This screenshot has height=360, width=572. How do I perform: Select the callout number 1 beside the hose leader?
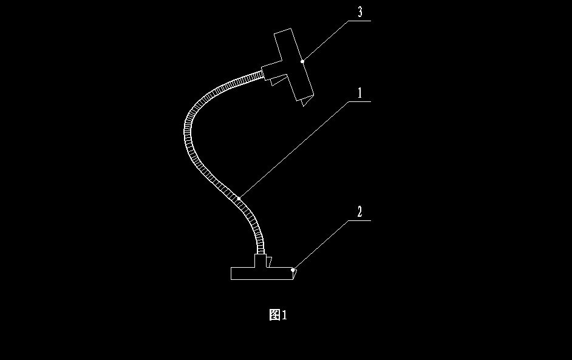point(359,93)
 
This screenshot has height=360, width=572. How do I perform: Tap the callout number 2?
point(359,212)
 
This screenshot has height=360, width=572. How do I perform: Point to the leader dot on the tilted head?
point(302,61)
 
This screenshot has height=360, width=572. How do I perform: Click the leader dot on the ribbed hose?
point(239,198)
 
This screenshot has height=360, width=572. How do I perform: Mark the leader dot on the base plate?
point(293,269)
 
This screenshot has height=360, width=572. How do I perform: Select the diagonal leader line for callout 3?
point(325,41)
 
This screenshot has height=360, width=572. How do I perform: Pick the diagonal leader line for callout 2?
point(320,245)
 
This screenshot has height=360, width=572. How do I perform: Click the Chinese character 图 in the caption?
point(274,314)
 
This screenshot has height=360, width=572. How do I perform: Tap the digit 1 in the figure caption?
point(284,314)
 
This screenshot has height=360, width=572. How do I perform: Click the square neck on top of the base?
point(260,261)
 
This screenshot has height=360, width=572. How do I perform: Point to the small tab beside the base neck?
point(269,262)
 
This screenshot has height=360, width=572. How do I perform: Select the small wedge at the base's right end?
point(294,274)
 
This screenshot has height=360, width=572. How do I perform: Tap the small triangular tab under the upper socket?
point(279,80)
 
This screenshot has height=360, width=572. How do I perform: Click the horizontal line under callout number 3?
point(359,21)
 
